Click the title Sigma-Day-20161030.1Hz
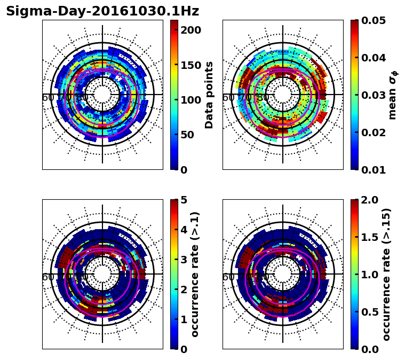102,11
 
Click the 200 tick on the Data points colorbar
190,30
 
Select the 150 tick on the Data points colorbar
190,65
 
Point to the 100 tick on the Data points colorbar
190,100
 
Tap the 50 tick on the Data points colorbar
187,135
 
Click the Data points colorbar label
209,95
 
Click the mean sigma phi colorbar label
393,95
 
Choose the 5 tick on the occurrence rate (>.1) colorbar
183,200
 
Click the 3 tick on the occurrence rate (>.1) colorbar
183,260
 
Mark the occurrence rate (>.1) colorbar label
195,274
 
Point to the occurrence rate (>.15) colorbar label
387,274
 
